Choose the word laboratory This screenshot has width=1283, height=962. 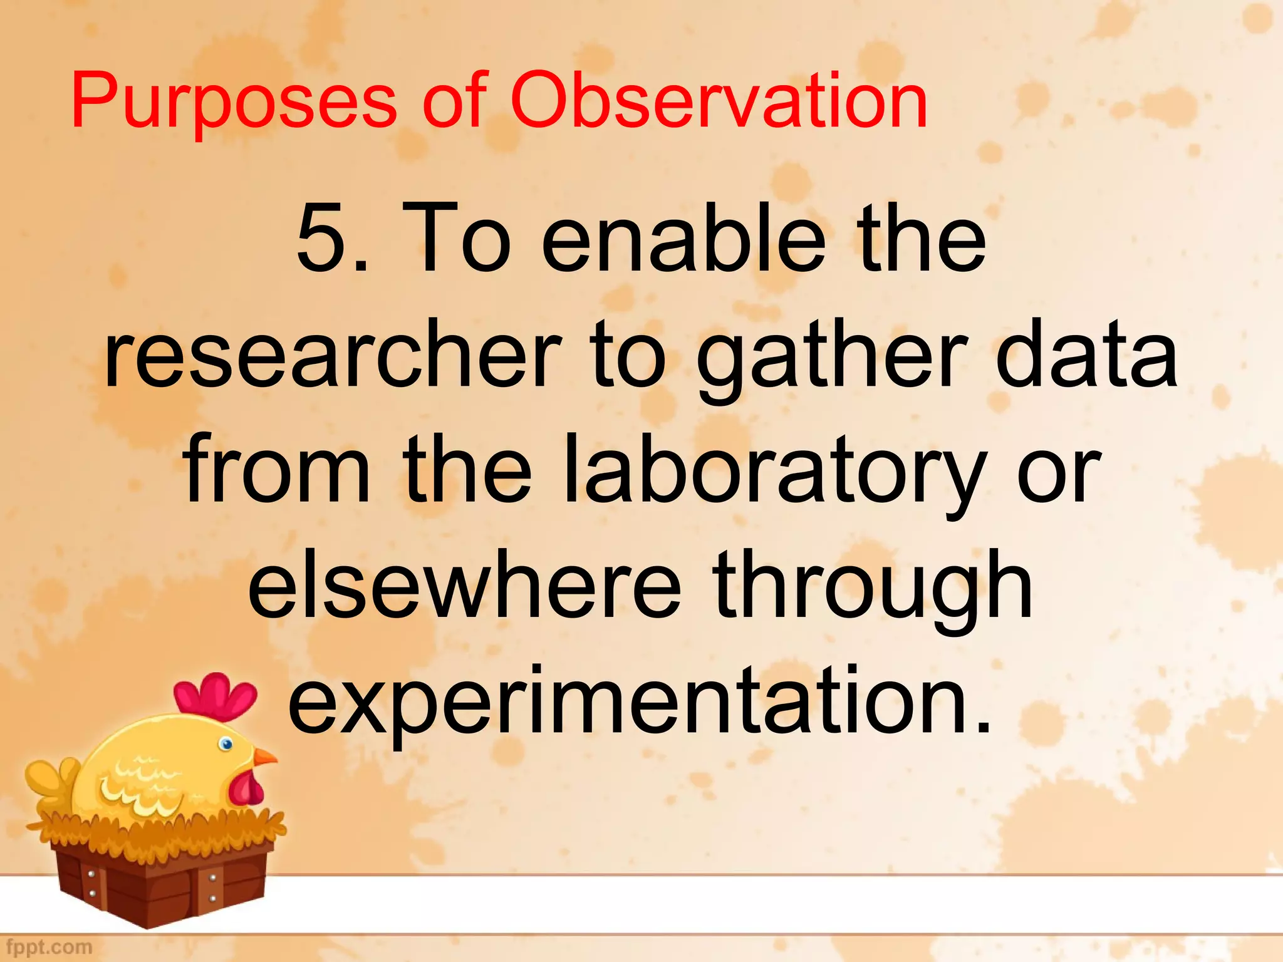point(771,470)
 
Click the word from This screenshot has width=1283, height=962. point(276,470)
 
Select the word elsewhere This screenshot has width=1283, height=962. point(464,586)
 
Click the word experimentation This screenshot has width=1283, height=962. point(639,701)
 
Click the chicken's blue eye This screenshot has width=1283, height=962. point(226,744)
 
